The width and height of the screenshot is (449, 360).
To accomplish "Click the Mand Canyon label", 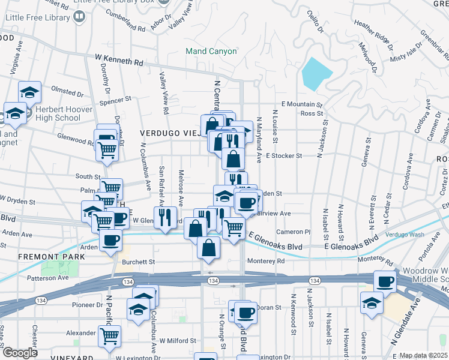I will tap(211, 51).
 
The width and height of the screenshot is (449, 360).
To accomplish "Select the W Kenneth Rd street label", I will tap(119, 61).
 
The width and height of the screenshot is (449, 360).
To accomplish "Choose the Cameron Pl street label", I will tap(294, 232).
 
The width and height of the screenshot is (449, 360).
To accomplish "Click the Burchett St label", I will tap(139, 262).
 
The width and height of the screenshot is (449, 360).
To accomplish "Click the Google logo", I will tap(19, 352).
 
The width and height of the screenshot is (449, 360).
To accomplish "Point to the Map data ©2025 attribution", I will tap(423, 355).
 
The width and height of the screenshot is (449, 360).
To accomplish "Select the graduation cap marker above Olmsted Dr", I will tap(29, 92).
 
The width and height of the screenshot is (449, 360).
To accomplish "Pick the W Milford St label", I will tap(178, 340).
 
